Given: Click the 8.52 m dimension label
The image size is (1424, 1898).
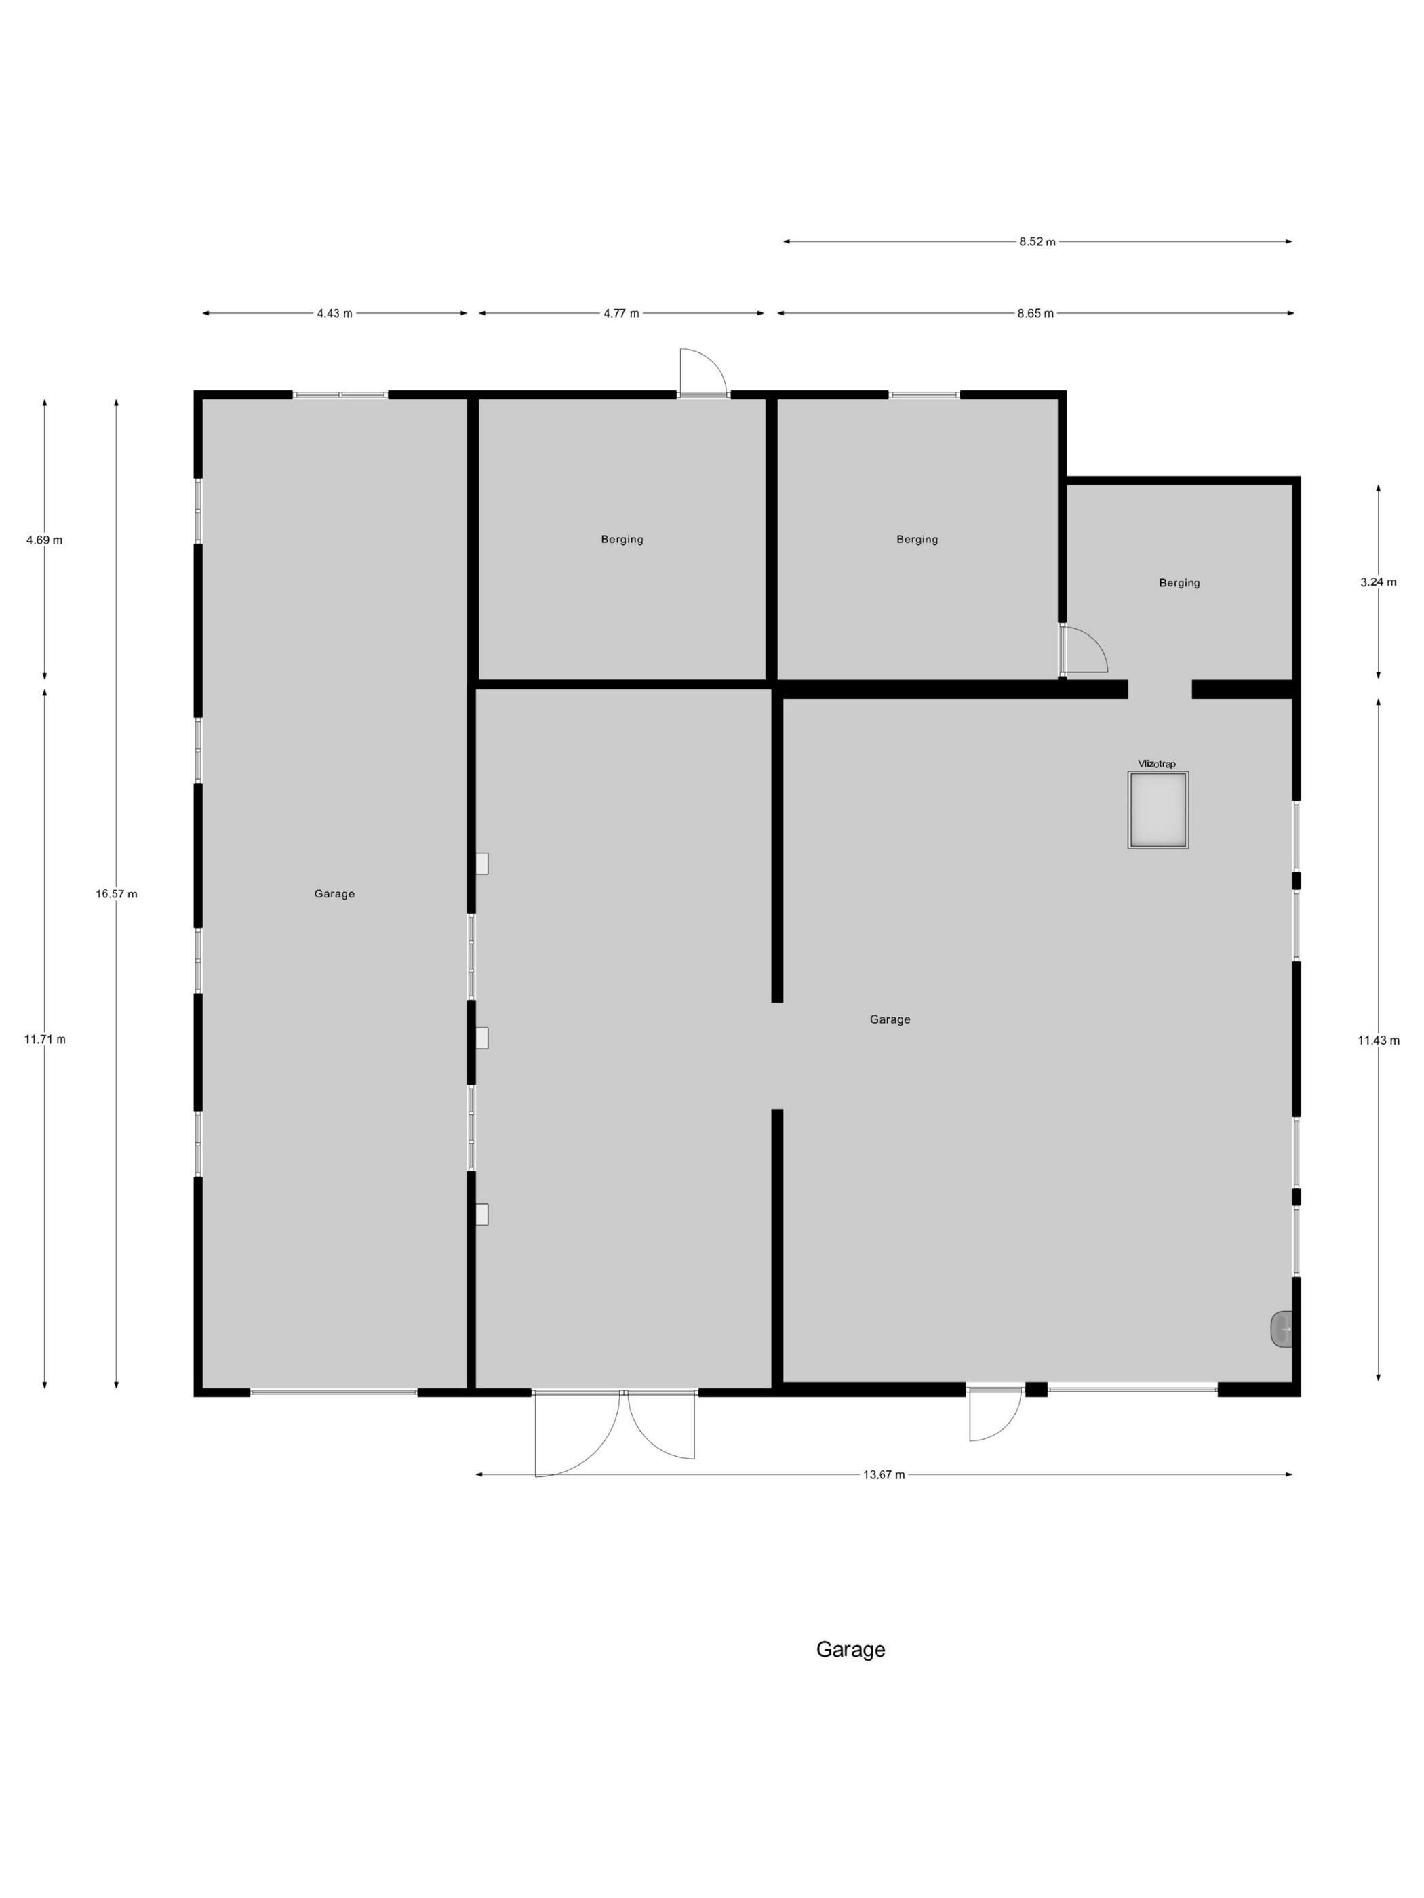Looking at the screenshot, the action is (x=1037, y=242).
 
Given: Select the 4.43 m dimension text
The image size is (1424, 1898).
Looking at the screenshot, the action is (x=335, y=313).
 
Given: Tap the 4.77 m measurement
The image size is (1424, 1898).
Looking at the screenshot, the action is (x=621, y=313).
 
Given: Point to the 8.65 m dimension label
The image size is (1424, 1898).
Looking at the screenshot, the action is (x=1035, y=313).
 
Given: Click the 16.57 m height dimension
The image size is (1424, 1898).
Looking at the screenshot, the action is (x=117, y=893).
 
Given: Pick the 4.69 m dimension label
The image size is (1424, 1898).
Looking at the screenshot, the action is (x=45, y=540).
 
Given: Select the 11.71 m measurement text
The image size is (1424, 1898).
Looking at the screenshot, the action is (x=45, y=1039).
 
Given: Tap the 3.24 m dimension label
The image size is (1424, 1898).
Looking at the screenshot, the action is (x=1379, y=582).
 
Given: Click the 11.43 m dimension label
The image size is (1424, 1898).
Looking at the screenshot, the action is (x=1379, y=1041).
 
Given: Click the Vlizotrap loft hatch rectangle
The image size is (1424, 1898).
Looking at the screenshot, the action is (x=1158, y=810).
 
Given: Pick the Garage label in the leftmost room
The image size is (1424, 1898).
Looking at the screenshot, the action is (x=335, y=893).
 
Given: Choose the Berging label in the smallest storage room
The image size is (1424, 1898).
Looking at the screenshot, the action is (x=1179, y=582).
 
